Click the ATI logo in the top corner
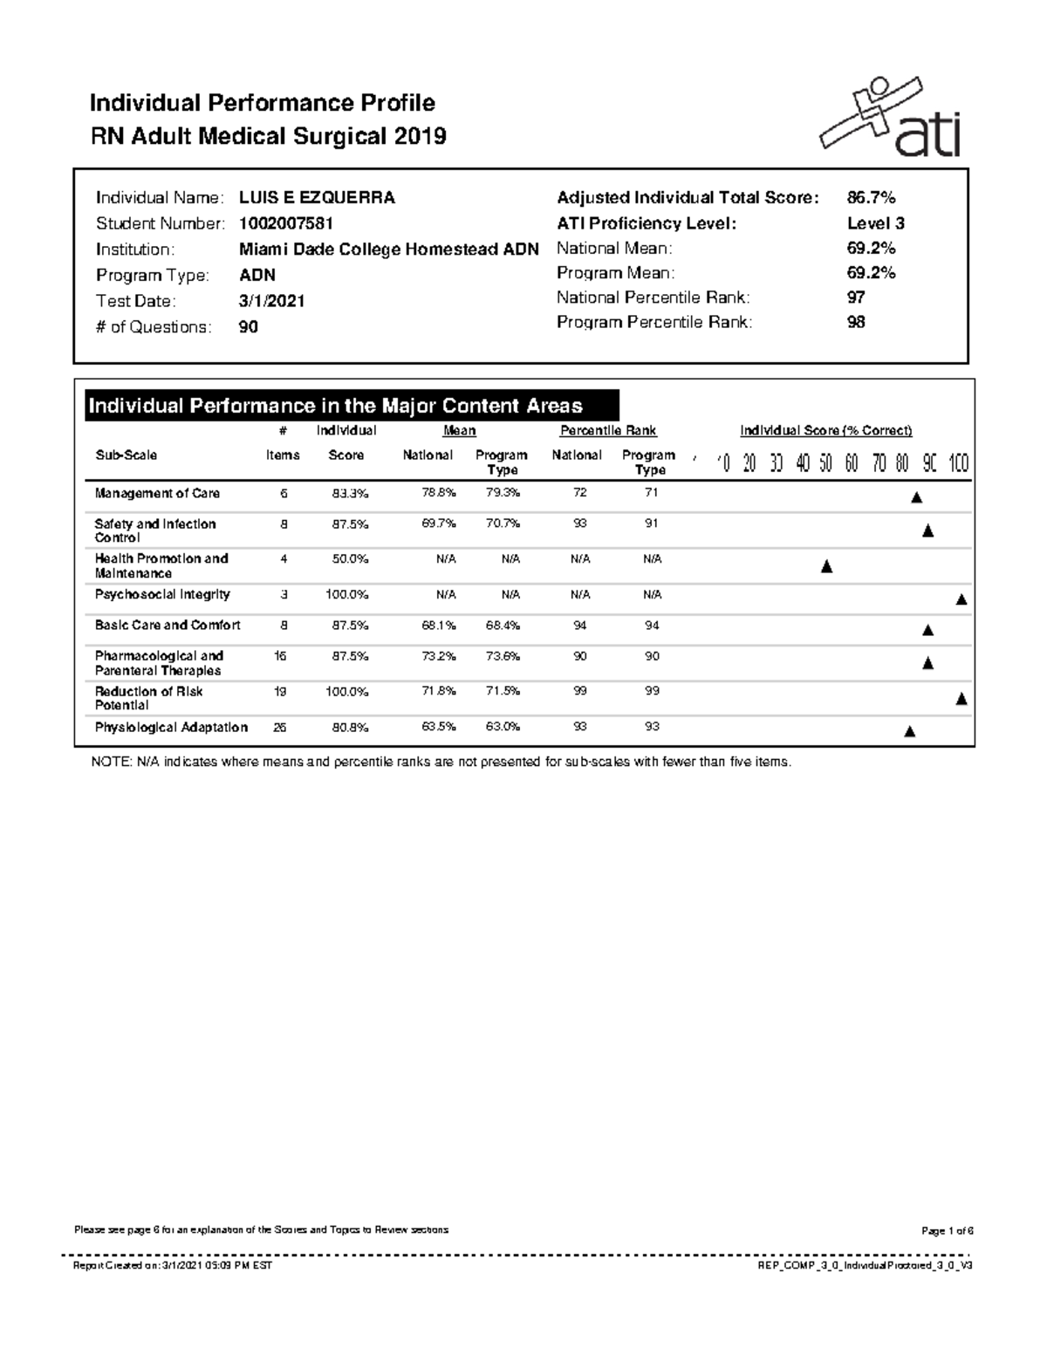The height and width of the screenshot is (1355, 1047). (x=890, y=118)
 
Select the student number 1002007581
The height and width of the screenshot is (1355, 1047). (x=286, y=223)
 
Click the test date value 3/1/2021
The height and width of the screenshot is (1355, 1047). (x=272, y=301)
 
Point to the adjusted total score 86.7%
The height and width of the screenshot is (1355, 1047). (x=871, y=198)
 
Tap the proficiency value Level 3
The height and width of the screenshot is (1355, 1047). (x=875, y=223)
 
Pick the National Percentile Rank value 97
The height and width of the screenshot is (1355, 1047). (x=856, y=298)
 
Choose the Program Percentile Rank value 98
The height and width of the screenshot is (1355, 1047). (x=856, y=322)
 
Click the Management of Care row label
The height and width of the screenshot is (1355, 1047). (x=157, y=493)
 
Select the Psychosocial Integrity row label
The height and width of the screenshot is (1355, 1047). (x=162, y=594)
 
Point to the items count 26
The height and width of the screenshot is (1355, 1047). (x=282, y=727)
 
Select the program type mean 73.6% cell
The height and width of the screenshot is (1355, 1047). (x=503, y=656)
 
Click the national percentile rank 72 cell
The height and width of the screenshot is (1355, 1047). (x=579, y=493)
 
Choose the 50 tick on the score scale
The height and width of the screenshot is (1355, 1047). (x=825, y=463)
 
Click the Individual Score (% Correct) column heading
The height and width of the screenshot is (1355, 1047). (x=825, y=430)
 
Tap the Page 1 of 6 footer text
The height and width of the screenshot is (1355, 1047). (x=947, y=1230)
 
